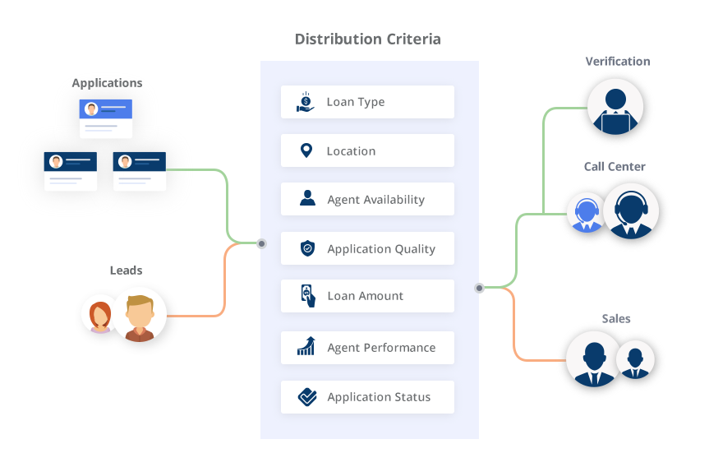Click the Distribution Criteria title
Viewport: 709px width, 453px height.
click(x=367, y=39)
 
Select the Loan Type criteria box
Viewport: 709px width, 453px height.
click(x=367, y=102)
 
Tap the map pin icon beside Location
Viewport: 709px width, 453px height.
click(x=306, y=150)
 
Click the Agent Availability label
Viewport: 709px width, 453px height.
click(x=375, y=200)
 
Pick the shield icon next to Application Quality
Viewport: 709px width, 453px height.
click(x=307, y=248)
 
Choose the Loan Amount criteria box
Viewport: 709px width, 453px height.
click(x=367, y=296)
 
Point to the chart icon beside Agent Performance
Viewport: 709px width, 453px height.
click(x=306, y=347)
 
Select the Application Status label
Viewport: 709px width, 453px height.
click(x=379, y=397)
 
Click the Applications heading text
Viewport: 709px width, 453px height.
click(x=107, y=83)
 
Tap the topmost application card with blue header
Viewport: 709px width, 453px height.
click(x=107, y=118)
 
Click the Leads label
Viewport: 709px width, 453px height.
click(x=126, y=270)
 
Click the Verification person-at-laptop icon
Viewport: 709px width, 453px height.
click(x=616, y=109)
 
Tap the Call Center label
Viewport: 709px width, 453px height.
click(x=615, y=167)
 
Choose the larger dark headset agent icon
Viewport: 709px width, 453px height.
click(x=630, y=211)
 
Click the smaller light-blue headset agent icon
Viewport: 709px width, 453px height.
click(x=586, y=213)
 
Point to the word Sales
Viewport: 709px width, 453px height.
click(x=615, y=318)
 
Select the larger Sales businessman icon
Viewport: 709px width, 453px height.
click(x=593, y=358)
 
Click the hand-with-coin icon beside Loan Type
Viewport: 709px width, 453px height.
click(x=306, y=102)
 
